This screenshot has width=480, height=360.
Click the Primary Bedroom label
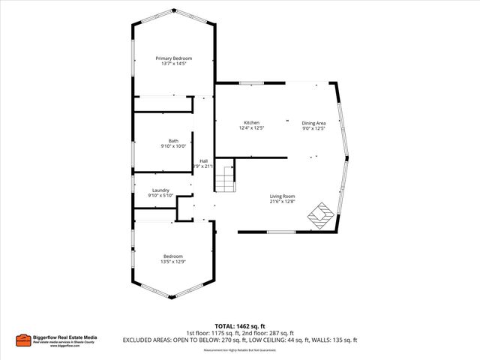coord(173,58)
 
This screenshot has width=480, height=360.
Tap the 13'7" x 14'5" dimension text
coord(173,64)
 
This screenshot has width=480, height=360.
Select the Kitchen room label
coord(251,123)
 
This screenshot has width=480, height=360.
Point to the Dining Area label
coord(313,123)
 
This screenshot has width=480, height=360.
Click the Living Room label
coord(283,196)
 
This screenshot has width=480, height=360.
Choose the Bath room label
coord(173,141)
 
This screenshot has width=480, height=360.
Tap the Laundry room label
coord(160,190)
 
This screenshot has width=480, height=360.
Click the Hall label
coord(203,160)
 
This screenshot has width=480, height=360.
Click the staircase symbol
coord(226,180)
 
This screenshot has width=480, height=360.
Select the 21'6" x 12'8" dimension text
coord(283,202)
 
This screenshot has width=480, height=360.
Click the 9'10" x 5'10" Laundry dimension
coord(160,196)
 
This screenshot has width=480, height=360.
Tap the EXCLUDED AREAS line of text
coord(240,340)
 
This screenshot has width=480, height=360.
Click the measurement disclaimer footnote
coord(240,349)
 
